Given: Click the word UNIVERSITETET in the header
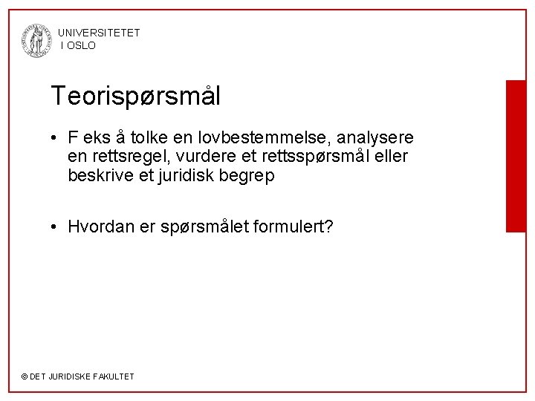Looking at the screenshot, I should pyautogui.click(x=99, y=33).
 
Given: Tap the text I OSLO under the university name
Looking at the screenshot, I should pyautogui.click(x=78, y=45).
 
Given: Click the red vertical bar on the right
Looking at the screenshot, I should pyautogui.click(x=515, y=156).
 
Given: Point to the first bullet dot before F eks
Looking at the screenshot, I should pyautogui.click(x=56, y=139).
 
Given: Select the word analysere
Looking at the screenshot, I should pyautogui.click(x=376, y=139).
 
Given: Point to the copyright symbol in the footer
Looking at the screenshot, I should pyautogui.click(x=24, y=376).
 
